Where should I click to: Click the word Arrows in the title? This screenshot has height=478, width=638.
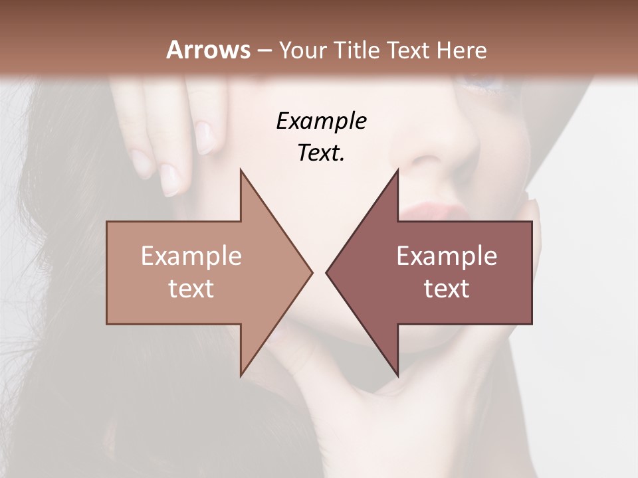(208, 50)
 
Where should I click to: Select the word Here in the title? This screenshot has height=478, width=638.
(461, 50)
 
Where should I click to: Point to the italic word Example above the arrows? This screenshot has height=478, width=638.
(321, 121)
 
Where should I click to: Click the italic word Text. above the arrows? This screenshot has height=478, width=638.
(321, 153)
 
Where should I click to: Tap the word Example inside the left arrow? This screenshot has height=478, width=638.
(191, 256)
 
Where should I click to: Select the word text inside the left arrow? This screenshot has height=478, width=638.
(191, 289)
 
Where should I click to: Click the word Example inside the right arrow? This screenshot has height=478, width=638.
(447, 256)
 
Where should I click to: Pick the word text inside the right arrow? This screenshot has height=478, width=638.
(447, 289)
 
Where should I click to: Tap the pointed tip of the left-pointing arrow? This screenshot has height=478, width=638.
(327, 272)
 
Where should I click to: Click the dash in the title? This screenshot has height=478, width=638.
(264, 51)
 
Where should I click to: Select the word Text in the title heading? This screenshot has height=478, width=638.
(409, 50)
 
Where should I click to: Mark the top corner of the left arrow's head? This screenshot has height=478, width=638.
(241, 170)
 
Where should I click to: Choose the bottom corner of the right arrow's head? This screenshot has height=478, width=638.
(397, 374)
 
